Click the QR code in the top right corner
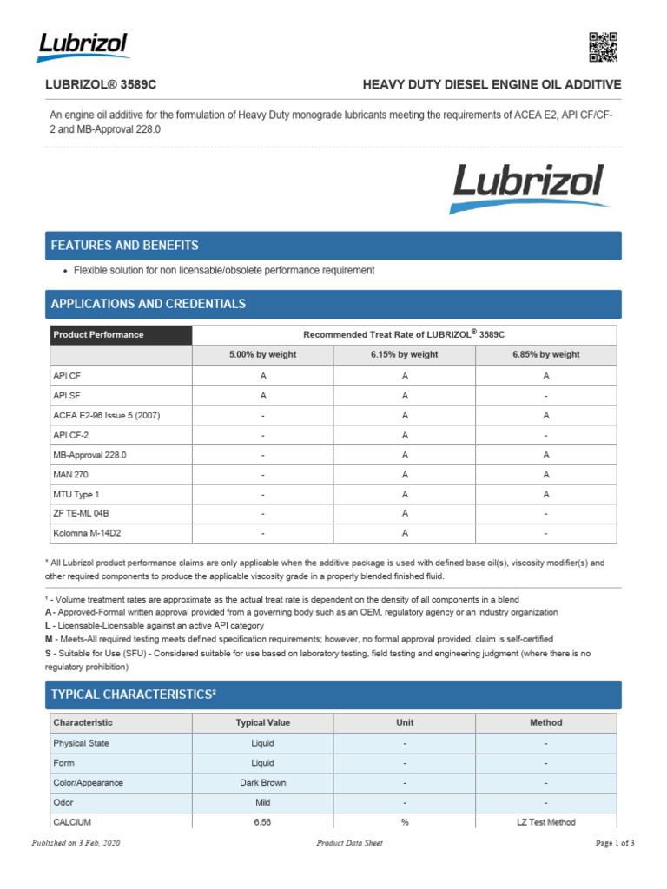(x=603, y=47)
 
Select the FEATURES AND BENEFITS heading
(x=125, y=246)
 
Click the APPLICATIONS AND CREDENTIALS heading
(x=149, y=304)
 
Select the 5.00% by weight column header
(x=262, y=355)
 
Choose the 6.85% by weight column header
(x=545, y=355)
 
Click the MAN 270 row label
(x=70, y=474)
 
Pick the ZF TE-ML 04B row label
(x=82, y=513)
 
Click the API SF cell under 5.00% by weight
(x=262, y=395)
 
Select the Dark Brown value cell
(x=262, y=783)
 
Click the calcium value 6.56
(x=262, y=822)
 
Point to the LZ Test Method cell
(x=545, y=822)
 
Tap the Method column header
(x=545, y=722)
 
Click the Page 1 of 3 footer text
(x=615, y=843)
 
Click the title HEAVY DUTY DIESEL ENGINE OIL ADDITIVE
(x=492, y=85)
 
